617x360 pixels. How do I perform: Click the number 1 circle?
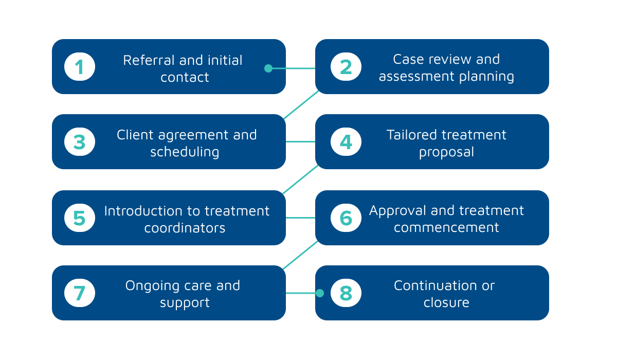pos(80,67)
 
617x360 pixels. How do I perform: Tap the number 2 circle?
pos(346,67)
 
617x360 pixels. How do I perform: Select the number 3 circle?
pos(80,142)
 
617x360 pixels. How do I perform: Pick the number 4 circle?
pos(346,142)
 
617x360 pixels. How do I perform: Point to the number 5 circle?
pos(80,218)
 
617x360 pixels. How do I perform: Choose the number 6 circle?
pos(346,218)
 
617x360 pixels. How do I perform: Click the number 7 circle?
pos(80,293)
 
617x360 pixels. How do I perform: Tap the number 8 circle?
pos(346,293)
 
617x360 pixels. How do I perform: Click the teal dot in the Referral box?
pos(268,68)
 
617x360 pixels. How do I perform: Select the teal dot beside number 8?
pos(319,293)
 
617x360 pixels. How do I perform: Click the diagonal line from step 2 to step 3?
pos(301,105)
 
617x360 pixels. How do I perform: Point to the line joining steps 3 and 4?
pos(300,142)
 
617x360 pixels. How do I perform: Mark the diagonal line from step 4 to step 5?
pos(300,179)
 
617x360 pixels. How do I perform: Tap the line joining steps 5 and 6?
pos(300,218)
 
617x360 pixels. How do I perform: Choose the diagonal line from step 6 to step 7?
pos(300,255)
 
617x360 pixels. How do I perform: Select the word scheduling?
pos(185,152)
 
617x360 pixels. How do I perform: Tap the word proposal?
pos(446,152)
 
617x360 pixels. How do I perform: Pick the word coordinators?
pos(185,228)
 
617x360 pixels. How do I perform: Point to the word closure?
pos(446,303)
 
